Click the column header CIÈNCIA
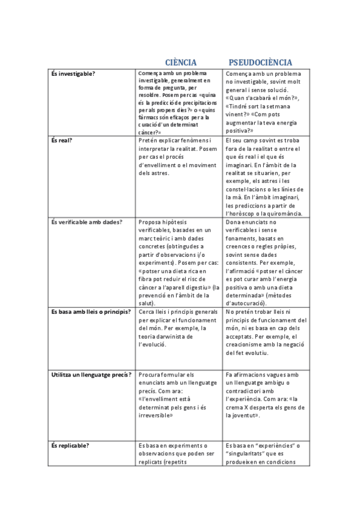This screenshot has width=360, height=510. [181, 63]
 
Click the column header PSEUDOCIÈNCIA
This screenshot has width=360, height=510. [260, 63]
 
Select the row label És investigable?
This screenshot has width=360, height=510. [73, 73]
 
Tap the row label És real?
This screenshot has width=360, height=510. [61, 140]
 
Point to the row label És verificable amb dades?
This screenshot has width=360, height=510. [87, 222]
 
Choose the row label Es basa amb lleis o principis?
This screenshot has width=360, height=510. [91, 312]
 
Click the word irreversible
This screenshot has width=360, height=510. [156, 415]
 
